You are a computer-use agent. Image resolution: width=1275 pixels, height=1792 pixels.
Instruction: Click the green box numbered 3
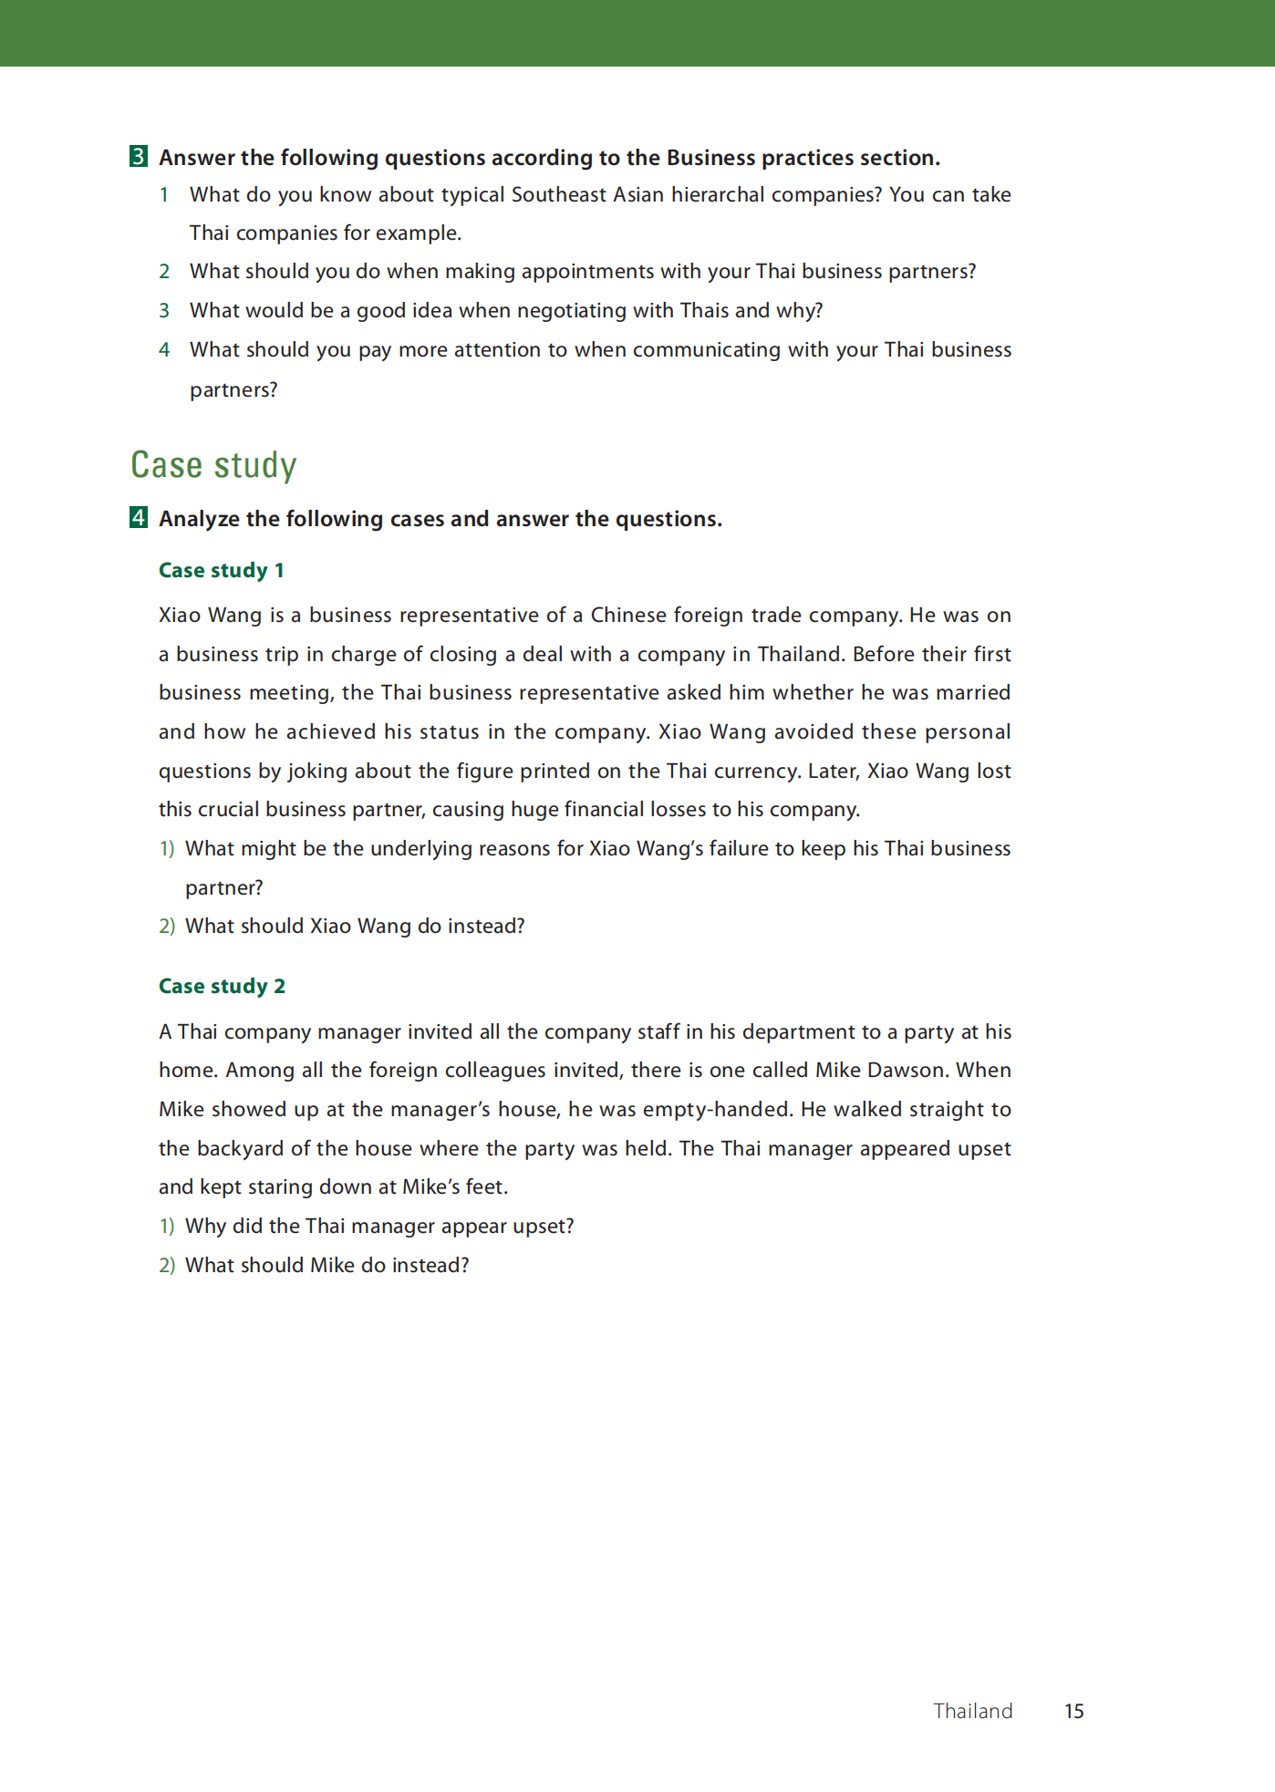pos(139,157)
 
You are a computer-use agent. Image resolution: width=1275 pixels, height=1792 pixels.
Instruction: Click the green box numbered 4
pos(139,518)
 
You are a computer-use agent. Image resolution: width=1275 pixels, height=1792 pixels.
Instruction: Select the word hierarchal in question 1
pos(718,195)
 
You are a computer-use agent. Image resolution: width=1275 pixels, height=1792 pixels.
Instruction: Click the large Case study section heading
pos(213,465)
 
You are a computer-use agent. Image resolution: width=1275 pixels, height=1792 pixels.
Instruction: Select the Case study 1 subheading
pos(222,571)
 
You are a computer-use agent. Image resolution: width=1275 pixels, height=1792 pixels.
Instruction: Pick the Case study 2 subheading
pos(222,987)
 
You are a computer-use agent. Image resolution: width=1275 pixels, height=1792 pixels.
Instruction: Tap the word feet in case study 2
pos(485,1187)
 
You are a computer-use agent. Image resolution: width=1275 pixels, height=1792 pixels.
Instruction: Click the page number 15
pos(1074,1712)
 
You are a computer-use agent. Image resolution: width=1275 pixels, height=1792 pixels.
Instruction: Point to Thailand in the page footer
pos(973,1712)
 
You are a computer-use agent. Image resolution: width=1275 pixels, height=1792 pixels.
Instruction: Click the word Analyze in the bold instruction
pos(200,519)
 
